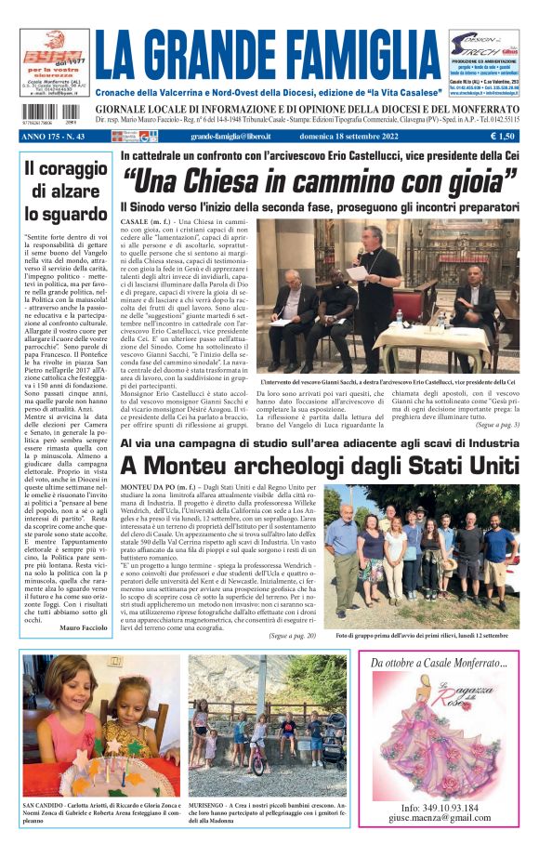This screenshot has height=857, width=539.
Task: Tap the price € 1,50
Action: [504, 136]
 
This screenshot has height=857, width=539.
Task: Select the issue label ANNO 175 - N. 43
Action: [57, 136]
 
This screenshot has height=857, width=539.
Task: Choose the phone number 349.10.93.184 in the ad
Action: [440, 808]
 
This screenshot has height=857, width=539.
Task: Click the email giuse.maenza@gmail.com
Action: [440, 820]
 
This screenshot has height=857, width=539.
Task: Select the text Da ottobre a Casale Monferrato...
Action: [439, 663]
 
